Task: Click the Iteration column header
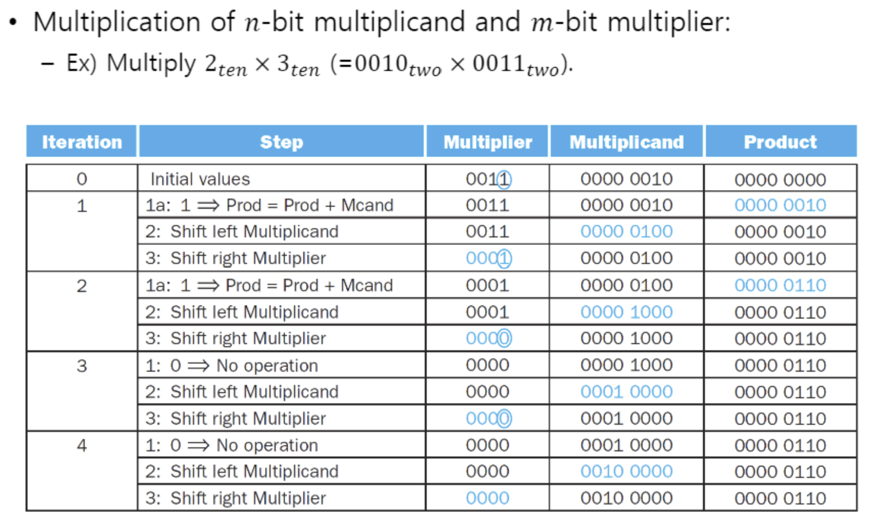click(82, 141)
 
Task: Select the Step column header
click(281, 141)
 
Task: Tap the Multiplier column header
click(487, 141)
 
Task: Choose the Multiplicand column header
click(626, 141)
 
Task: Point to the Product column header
click(780, 141)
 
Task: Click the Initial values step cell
click(200, 179)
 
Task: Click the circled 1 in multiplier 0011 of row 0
click(504, 179)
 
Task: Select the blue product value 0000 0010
click(780, 205)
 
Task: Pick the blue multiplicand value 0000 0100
click(626, 232)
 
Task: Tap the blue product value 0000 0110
click(780, 285)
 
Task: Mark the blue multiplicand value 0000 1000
click(626, 312)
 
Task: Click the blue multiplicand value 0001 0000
click(626, 392)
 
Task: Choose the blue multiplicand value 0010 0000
click(626, 471)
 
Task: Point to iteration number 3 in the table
click(82, 366)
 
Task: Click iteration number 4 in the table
click(82, 446)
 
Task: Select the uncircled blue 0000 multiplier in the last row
click(487, 498)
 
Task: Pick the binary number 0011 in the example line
click(499, 63)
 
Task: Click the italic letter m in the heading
click(542, 24)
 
